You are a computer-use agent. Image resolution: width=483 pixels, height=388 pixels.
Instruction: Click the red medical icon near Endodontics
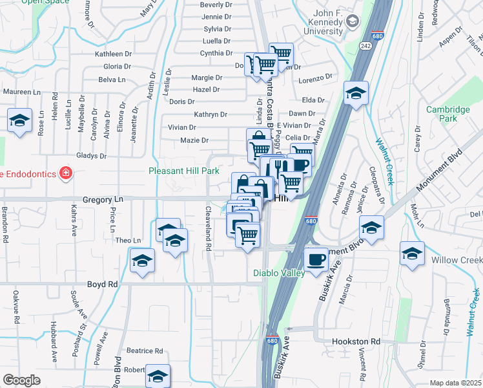pos(65,173)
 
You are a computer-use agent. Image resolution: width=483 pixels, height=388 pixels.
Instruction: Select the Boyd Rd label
pos(103,285)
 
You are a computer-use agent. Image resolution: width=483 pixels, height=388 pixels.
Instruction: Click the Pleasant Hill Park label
pos(184,171)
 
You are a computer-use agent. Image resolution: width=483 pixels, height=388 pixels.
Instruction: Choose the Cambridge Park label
pos(448,114)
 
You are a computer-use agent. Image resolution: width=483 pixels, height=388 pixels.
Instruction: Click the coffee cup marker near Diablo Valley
pos(316,259)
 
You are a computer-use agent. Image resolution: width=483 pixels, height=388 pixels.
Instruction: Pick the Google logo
pos(21,380)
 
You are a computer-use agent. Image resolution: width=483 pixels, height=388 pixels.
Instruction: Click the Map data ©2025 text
pos(455,383)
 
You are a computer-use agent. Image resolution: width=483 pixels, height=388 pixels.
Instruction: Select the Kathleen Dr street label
pos(113,54)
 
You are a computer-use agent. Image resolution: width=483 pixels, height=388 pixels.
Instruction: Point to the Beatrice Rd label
pos(144,351)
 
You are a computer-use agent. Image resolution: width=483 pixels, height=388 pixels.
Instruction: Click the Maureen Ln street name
pos(17,92)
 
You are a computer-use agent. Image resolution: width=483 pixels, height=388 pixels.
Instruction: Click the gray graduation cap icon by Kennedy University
pos(351,22)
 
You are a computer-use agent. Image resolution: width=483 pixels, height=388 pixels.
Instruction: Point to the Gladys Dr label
pos(91,156)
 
